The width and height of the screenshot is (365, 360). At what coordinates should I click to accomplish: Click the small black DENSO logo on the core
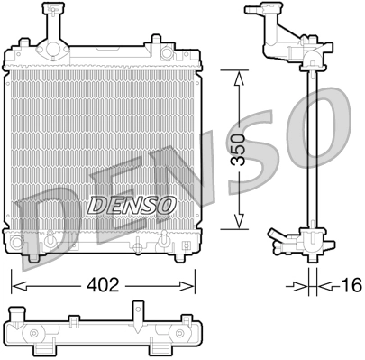[132, 204]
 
